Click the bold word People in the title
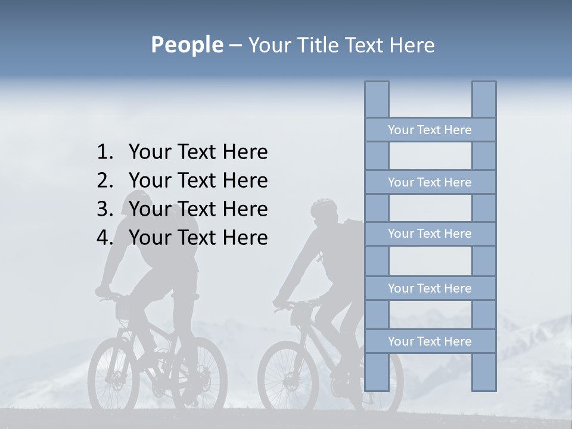coord(186,45)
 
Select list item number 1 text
coord(198,152)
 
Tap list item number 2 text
coord(198,181)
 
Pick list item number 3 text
coord(198,209)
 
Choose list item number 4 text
coord(198,238)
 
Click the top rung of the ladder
coord(430,130)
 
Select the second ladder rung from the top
coord(430,182)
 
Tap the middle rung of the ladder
coord(430,234)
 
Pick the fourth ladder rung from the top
coord(430,288)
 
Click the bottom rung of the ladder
coord(430,341)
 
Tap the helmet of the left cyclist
coord(137,198)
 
